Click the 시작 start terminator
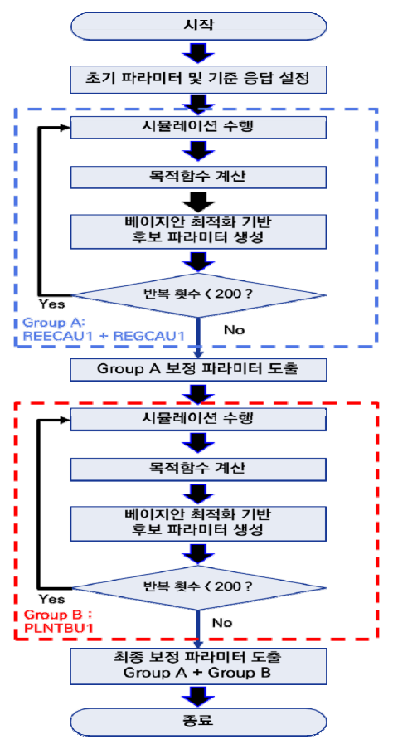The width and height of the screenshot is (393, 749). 199,26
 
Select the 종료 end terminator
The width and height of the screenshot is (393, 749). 199,722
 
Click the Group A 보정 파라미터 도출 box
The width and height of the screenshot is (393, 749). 199,369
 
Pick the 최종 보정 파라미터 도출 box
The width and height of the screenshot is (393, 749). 199,665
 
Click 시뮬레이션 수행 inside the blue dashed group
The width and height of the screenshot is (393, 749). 199,127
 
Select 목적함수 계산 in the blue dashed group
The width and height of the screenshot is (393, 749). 199,178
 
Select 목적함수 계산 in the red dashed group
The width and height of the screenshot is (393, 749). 199,469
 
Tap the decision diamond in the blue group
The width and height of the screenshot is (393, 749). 199,294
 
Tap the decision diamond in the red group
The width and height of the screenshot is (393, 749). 199,586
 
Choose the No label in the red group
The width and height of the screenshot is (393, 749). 222,622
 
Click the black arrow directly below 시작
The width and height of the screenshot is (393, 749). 199,52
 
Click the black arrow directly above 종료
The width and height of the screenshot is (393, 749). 199,696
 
